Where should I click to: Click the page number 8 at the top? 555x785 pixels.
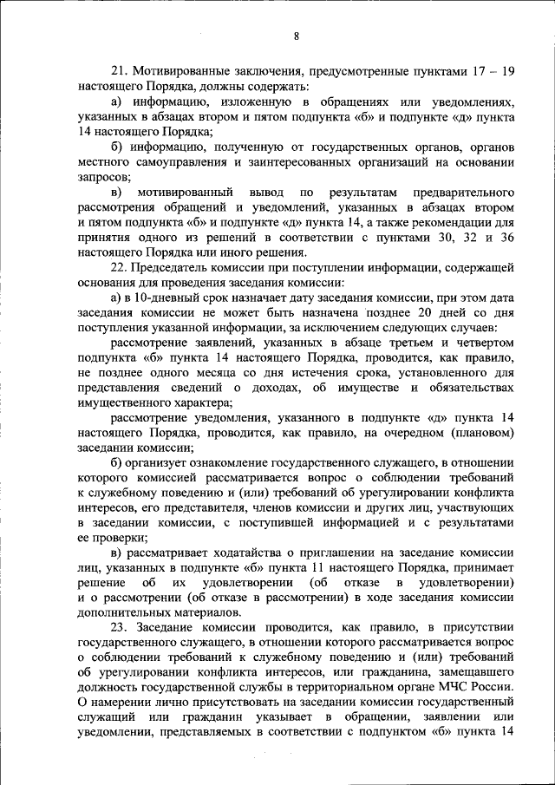(296, 36)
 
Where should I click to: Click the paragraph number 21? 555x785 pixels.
(118, 71)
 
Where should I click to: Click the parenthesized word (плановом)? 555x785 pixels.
(480, 432)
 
